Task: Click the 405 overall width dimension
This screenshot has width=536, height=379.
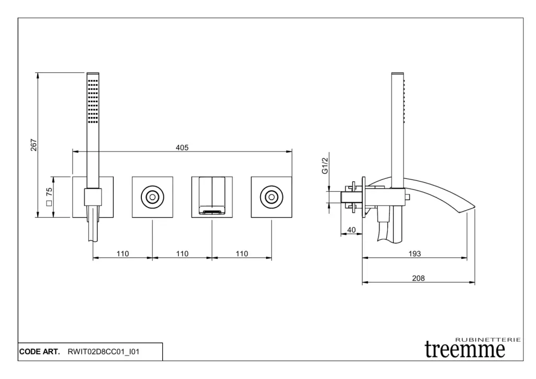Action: click(x=182, y=148)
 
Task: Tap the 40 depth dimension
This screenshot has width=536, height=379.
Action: click(x=351, y=230)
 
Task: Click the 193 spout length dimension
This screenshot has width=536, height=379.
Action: click(x=415, y=253)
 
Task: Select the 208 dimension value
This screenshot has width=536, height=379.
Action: click(x=418, y=278)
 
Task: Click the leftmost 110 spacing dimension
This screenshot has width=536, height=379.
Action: click(x=122, y=254)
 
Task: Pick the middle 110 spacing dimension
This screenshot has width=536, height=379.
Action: click(x=182, y=254)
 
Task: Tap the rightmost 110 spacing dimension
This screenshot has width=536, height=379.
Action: click(x=241, y=254)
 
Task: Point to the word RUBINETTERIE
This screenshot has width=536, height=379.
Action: click(x=488, y=340)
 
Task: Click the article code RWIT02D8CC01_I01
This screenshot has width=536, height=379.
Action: click(x=103, y=352)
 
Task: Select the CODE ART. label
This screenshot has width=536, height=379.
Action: click(x=40, y=352)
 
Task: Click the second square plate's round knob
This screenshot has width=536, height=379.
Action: click(x=152, y=197)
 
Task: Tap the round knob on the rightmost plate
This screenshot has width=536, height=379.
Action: click(x=271, y=197)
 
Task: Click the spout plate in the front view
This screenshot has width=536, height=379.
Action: click(x=211, y=197)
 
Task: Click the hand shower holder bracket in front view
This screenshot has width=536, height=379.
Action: click(x=93, y=197)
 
